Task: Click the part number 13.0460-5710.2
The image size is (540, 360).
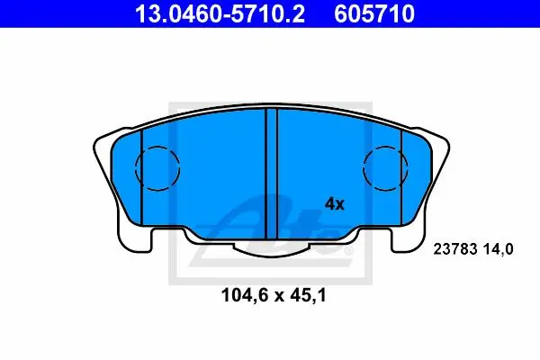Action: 220,13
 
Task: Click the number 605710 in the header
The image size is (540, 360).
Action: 374,13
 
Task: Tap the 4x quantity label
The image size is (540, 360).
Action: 335,204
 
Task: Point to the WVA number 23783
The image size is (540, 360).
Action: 455,248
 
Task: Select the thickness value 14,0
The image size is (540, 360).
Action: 498,249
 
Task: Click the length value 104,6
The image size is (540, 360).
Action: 245,295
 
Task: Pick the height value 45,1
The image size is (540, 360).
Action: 309,295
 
